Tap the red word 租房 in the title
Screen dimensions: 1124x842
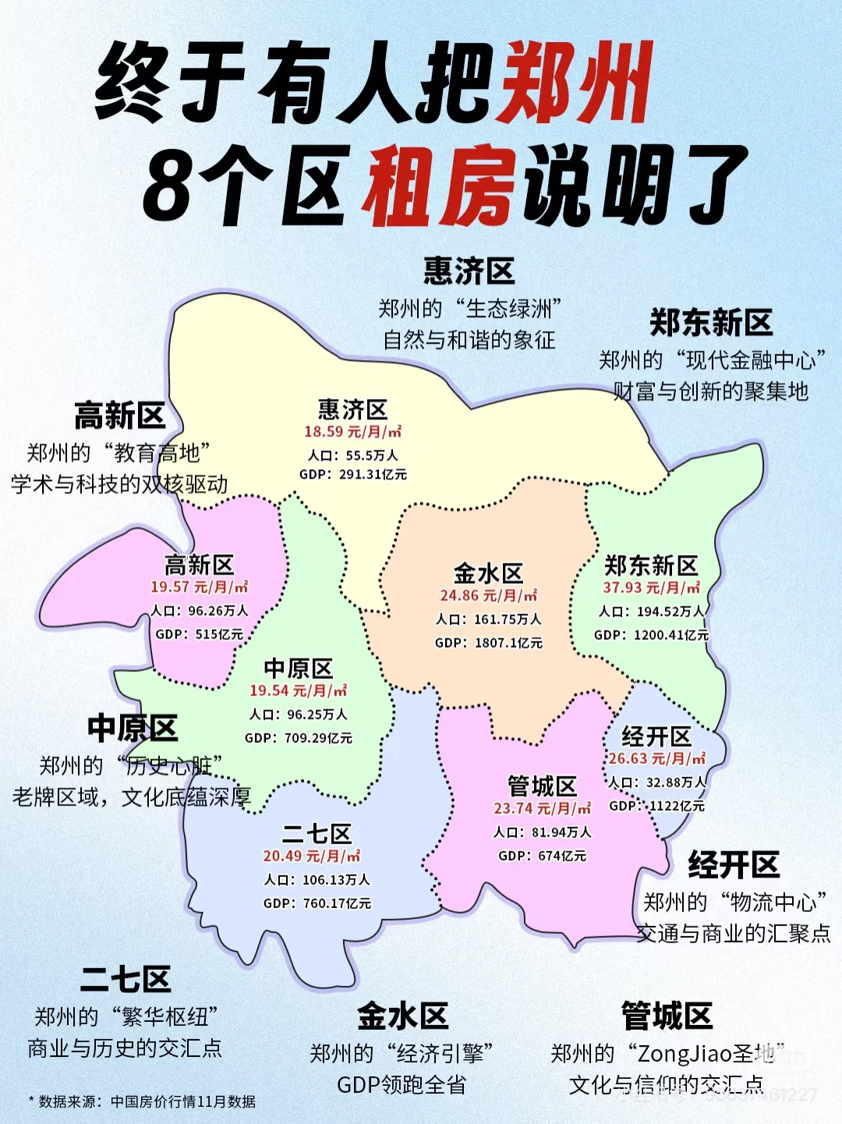click(x=440, y=187)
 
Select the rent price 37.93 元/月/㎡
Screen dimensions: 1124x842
click(x=651, y=588)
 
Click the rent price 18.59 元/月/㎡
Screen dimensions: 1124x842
click(x=352, y=432)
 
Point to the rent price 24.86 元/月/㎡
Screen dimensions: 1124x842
click(x=488, y=596)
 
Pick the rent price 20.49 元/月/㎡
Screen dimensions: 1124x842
click(x=311, y=856)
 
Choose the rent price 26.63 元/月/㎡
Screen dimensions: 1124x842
click(x=656, y=758)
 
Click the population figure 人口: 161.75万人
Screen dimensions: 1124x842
click(x=488, y=620)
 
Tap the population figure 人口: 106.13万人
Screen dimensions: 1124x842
click(x=317, y=880)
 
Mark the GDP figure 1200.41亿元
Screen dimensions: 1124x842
click(x=651, y=635)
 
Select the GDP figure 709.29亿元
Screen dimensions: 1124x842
click(x=299, y=737)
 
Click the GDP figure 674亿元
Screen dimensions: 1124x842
click(x=542, y=856)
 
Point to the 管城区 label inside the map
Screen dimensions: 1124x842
click(x=542, y=786)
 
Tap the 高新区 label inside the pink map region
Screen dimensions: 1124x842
click(x=199, y=564)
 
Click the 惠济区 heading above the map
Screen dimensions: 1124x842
click(x=469, y=271)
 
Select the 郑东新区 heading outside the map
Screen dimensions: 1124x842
click(x=711, y=323)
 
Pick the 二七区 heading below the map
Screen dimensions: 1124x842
click(x=125, y=979)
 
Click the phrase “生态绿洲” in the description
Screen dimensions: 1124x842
click(x=510, y=309)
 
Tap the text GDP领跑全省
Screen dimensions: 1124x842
click(x=401, y=1085)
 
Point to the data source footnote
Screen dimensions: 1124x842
click(x=142, y=1101)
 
